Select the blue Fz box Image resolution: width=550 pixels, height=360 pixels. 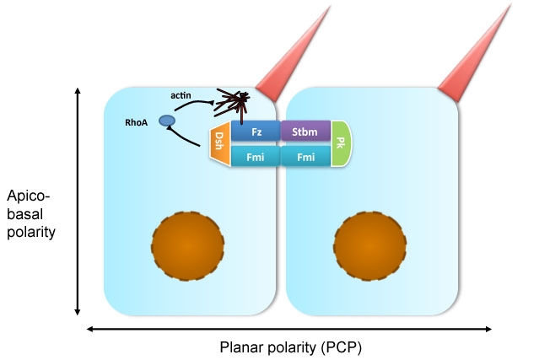click(x=256, y=132)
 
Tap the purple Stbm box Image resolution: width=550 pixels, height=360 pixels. click(x=305, y=132)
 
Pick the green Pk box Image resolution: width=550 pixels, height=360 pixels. click(x=339, y=143)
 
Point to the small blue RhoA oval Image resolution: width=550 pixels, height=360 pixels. click(x=167, y=122)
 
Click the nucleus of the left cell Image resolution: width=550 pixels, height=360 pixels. click(x=188, y=244)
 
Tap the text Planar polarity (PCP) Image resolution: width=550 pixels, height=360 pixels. click(x=291, y=347)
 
